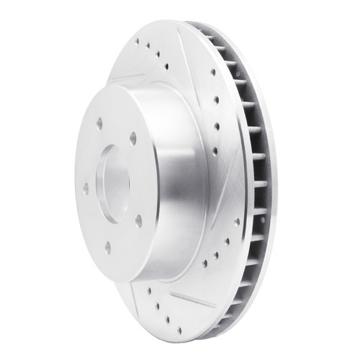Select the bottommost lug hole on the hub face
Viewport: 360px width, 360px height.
(107, 247)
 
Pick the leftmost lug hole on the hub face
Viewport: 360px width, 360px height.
(86, 189)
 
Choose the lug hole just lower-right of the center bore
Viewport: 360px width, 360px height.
(138, 217)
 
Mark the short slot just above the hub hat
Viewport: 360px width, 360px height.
(130, 77)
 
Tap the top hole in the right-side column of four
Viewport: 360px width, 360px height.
(212, 72)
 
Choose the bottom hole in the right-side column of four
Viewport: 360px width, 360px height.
(215, 151)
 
